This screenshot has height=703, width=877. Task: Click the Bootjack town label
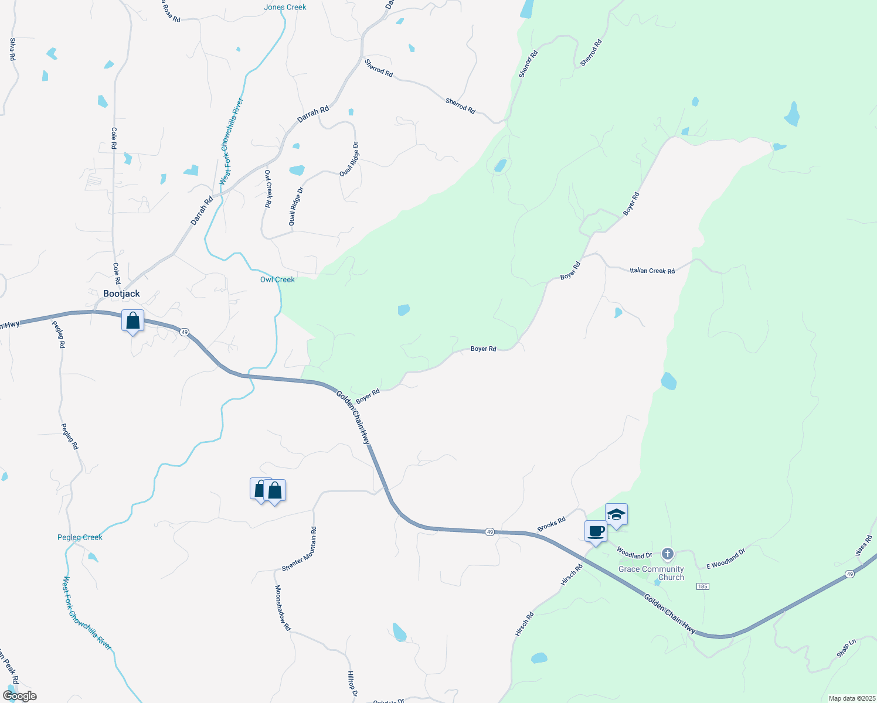click(x=121, y=294)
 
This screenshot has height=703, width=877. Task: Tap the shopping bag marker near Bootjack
click(x=133, y=321)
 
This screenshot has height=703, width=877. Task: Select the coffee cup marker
click(x=596, y=532)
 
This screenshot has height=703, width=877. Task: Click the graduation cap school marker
click(x=616, y=515)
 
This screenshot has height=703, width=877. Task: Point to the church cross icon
click(x=667, y=554)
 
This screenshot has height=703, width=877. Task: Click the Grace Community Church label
click(x=651, y=573)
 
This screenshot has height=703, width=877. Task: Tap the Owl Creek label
click(x=277, y=279)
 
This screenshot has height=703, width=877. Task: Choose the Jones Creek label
click(x=285, y=7)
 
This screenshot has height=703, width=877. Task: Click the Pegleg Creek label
click(x=80, y=537)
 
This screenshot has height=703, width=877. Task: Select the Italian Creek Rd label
click(x=652, y=271)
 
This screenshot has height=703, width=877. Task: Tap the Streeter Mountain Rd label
click(x=300, y=549)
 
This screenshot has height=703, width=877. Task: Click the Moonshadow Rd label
click(x=283, y=608)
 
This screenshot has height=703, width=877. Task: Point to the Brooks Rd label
click(x=552, y=524)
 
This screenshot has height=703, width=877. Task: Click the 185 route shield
click(x=703, y=586)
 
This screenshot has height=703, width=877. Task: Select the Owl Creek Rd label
click(x=268, y=189)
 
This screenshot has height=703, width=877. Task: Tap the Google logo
click(x=19, y=696)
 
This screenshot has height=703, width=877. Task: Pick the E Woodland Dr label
click(x=726, y=559)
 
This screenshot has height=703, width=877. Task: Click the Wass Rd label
click(x=864, y=545)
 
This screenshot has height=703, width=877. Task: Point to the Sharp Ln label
click(x=847, y=648)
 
